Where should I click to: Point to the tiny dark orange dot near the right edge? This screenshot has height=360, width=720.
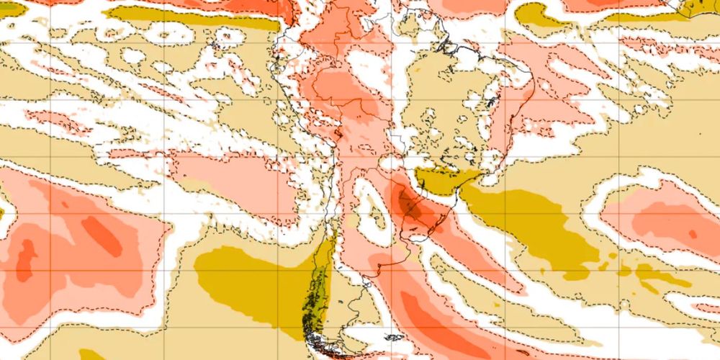click(692, 234)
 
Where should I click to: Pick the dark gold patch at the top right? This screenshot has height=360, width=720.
click(536, 14)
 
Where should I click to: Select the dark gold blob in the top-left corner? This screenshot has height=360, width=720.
click(11, 9)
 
